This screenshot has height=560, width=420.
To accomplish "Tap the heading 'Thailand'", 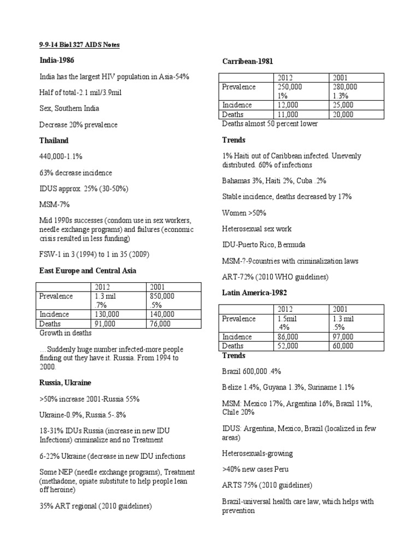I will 54,141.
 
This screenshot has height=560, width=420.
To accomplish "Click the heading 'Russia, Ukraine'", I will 65,383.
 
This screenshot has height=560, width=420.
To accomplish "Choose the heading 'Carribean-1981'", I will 248,61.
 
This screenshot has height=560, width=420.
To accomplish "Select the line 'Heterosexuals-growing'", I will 257,453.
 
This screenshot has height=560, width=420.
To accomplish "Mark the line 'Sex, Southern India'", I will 69,108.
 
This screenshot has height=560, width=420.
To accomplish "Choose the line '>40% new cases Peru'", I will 255,469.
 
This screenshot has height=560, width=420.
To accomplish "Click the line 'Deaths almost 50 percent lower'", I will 270,124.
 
